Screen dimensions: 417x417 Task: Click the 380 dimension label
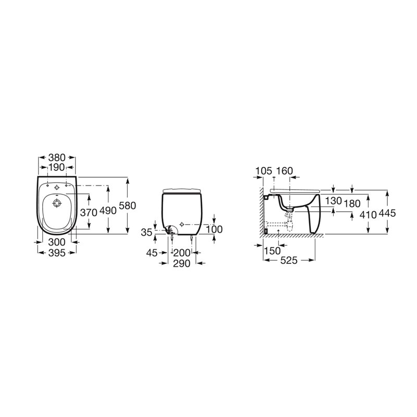point(57,157)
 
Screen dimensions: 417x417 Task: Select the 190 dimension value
point(56,167)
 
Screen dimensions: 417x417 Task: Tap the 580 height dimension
point(127,205)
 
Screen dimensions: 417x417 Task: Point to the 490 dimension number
point(108,211)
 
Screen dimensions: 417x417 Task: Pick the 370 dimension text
point(89,213)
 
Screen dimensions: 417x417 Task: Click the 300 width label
point(57,242)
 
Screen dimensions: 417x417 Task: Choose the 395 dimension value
point(57,253)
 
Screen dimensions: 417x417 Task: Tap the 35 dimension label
point(146,232)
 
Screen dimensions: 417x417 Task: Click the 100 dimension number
point(214,229)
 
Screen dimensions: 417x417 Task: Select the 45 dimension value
point(152,253)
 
